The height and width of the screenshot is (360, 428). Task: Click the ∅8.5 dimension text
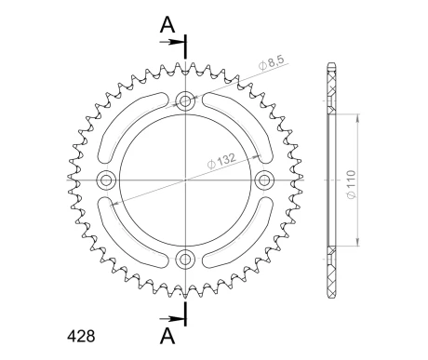273,62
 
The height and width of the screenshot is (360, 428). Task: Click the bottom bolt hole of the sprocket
185,258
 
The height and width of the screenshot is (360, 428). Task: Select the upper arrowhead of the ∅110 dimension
357,117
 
